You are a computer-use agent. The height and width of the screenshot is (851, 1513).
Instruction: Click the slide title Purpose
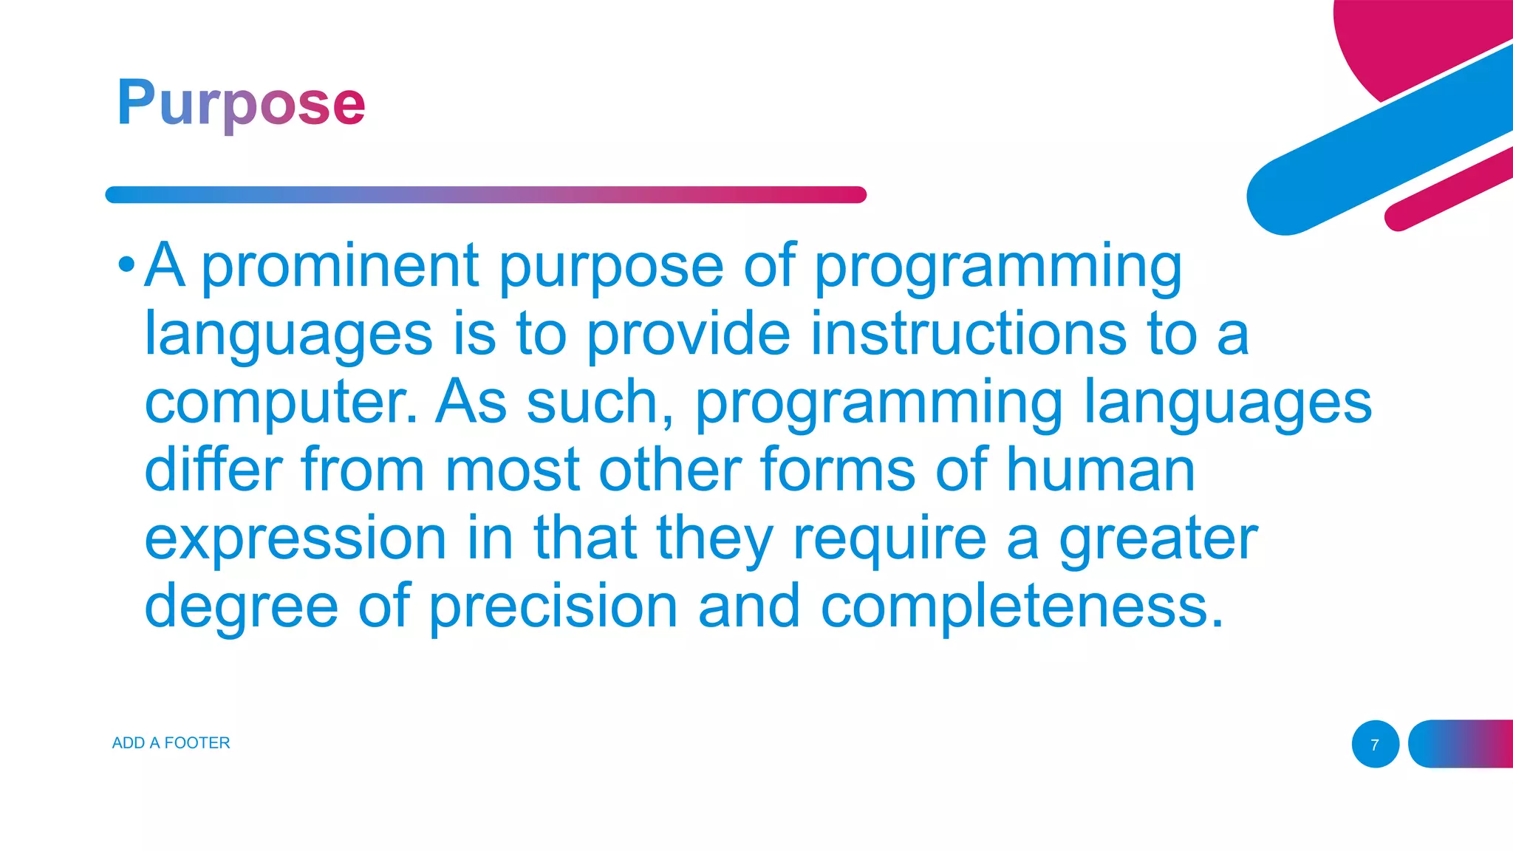pyautogui.click(x=241, y=103)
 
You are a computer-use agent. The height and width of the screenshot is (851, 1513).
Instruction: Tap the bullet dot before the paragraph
pyautogui.click(x=126, y=264)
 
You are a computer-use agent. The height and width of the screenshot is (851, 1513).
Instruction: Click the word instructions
pyautogui.click(x=968, y=334)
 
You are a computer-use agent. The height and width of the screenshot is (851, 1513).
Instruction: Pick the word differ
pyautogui.click(x=214, y=469)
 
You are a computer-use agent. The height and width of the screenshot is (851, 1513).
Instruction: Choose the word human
pyautogui.click(x=1100, y=471)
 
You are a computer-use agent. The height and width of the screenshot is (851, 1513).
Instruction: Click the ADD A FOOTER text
pyautogui.click(x=171, y=743)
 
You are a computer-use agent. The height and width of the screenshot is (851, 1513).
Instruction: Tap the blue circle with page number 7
pyautogui.click(x=1375, y=744)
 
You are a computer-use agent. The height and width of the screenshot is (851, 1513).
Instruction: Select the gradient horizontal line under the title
pyautogui.click(x=485, y=195)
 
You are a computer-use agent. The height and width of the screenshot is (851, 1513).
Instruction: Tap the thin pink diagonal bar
pyautogui.click(x=1448, y=189)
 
